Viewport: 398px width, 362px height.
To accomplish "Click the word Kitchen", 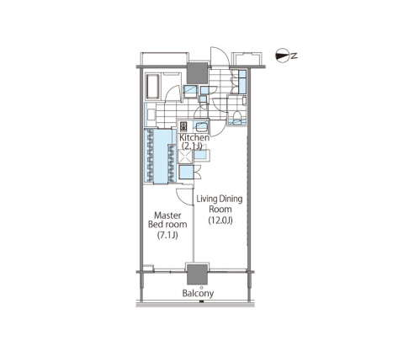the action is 194,137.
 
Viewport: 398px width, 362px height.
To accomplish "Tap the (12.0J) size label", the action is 220,221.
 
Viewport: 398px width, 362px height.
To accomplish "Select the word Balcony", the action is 198,294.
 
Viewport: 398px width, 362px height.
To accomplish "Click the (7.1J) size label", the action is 167,235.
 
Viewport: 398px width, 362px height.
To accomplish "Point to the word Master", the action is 167,216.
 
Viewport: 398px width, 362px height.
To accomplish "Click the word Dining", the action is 231,200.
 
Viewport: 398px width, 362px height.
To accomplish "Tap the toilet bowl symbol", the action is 237,115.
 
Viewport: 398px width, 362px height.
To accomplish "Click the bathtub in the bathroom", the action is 153,86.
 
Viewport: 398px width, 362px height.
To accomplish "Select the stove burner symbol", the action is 183,126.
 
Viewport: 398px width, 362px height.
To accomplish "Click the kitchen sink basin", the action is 201,126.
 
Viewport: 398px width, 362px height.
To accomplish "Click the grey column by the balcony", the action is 197,274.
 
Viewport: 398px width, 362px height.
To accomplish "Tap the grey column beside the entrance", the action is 197,73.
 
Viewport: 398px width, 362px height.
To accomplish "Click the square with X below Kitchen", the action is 185,156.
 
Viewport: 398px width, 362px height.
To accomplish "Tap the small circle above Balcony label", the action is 201,287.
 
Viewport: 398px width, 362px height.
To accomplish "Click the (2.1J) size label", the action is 192,146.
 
